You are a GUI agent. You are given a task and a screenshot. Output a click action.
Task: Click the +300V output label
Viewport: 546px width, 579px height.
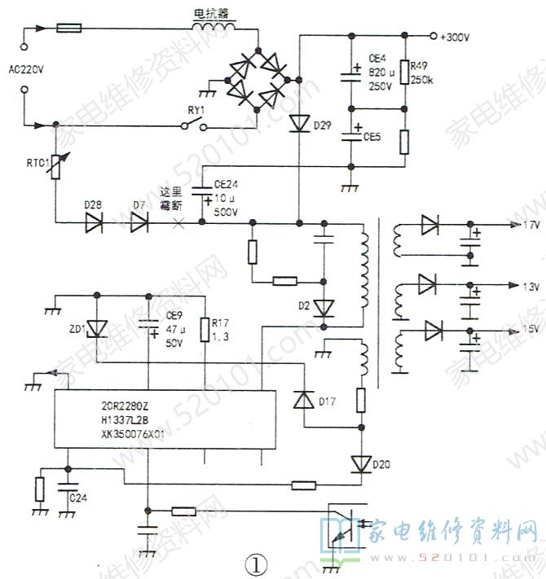coord(456,37)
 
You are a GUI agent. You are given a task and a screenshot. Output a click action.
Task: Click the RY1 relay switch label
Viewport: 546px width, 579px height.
coord(196,109)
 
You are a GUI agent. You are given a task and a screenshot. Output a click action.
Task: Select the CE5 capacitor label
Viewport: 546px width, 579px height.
coord(372,135)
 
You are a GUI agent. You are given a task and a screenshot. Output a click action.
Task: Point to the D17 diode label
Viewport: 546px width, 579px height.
coord(327,401)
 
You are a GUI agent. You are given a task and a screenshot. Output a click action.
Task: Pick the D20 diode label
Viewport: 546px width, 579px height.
coord(382,464)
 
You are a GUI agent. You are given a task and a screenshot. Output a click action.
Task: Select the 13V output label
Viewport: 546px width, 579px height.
coord(530,286)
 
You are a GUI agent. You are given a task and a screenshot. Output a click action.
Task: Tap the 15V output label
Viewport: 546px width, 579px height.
coord(530,329)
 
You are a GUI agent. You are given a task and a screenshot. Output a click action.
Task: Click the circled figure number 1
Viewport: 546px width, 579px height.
coord(257,563)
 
